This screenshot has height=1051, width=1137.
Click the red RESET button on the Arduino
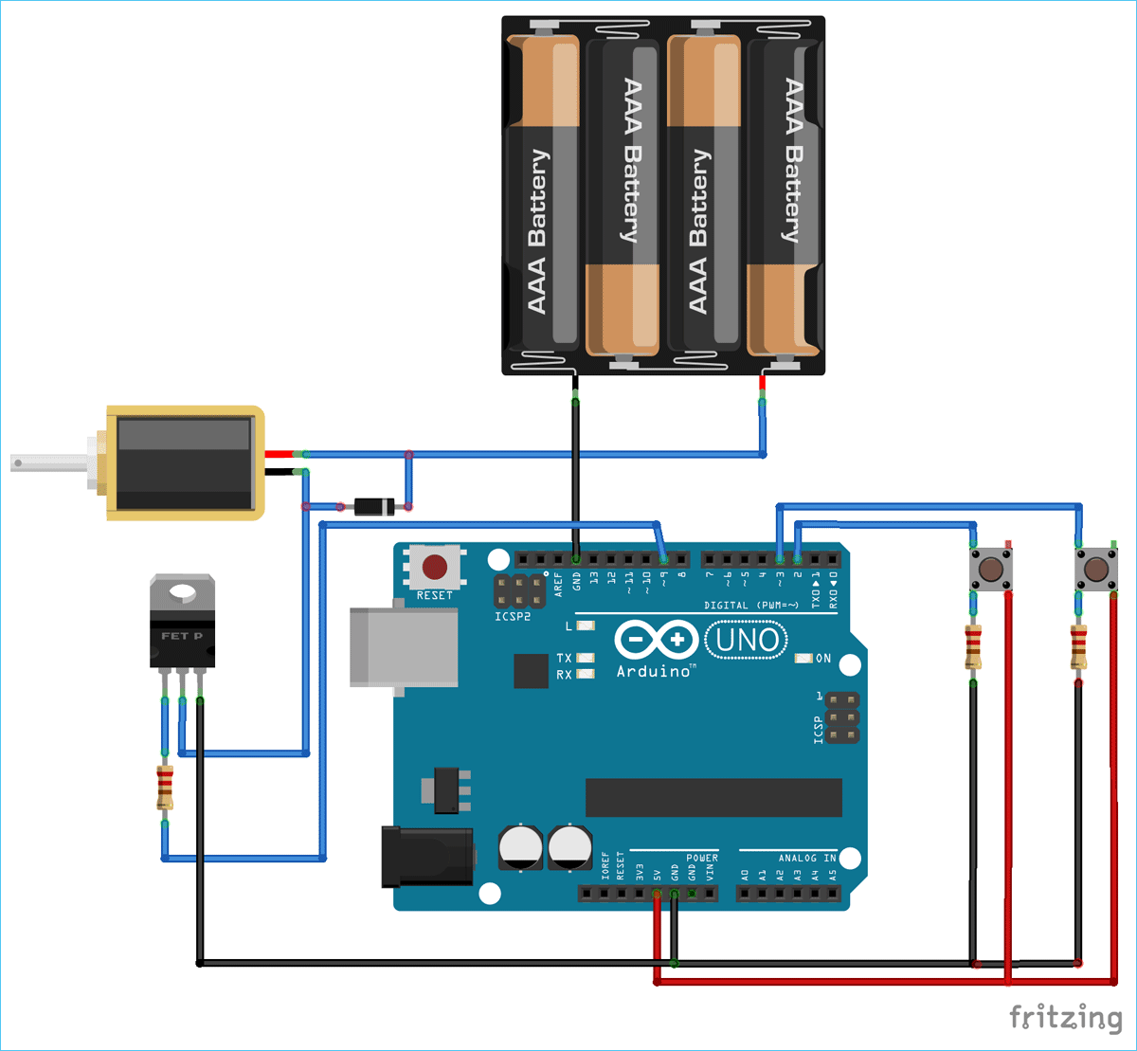point(435,568)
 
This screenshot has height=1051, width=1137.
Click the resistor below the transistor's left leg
point(165,788)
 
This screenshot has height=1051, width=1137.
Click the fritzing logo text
point(1065,1018)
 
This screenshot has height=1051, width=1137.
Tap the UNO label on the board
point(748,641)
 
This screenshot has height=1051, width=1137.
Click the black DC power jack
point(427,856)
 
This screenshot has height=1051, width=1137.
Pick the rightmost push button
point(1095,570)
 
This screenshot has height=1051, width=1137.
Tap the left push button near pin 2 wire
point(991,570)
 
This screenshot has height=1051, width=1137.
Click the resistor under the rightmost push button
point(1078,647)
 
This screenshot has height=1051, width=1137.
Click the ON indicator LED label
point(822,658)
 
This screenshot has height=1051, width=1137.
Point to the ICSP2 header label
point(513,616)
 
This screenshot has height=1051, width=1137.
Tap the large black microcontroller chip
point(713,797)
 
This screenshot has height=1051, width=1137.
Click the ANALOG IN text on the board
point(807,858)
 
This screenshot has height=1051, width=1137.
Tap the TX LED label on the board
point(564,658)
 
